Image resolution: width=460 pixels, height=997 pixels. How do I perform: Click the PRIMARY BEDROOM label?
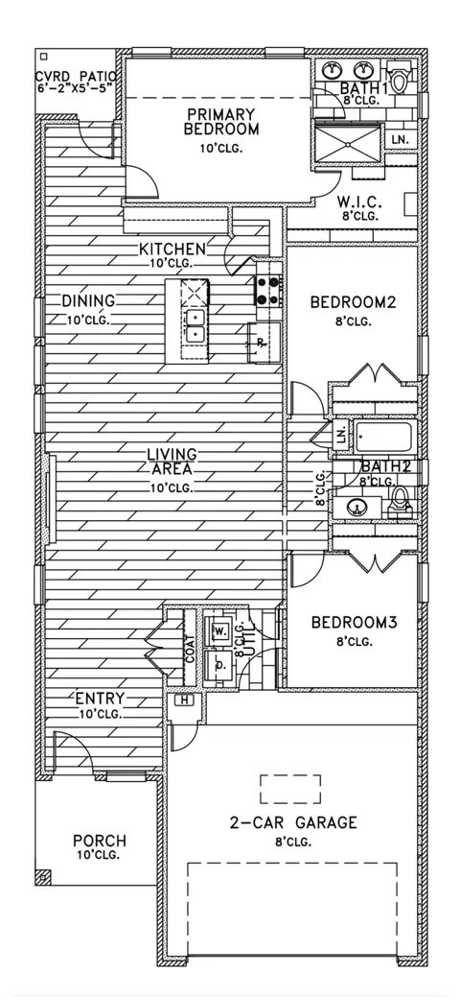point(220,122)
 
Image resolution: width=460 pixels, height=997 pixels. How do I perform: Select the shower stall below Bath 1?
point(348,144)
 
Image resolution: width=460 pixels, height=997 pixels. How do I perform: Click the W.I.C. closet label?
point(358,202)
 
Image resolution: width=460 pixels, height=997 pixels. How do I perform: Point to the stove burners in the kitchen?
point(268,291)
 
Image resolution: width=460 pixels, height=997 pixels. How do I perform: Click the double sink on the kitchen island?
point(195,325)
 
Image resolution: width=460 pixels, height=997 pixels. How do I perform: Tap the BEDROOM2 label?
point(353,301)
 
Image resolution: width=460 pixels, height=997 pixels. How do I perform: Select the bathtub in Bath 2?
point(384,437)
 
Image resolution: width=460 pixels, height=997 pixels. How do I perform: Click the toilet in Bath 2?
point(398,500)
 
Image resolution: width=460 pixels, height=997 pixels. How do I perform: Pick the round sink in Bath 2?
point(357,507)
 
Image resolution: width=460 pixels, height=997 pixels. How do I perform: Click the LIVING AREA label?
point(172,462)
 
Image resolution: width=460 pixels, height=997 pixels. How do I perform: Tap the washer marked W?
point(220,630)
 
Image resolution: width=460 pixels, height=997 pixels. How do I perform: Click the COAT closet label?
point(190,650)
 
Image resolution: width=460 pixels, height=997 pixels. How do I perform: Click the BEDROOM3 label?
point(354,621)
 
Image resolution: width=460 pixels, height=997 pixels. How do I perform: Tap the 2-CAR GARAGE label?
point(293,822)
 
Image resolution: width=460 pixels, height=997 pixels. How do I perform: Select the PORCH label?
point(99,841)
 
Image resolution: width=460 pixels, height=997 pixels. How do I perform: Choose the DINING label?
point(88,300)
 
